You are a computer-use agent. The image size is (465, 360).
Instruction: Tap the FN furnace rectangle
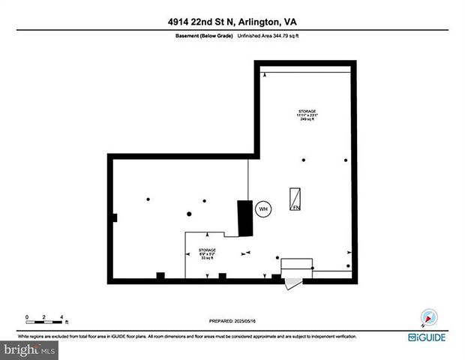click(x=296, y=198)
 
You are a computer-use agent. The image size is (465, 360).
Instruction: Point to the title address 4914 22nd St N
click(x=232, y=21)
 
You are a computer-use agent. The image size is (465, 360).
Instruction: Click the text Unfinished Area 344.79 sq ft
click(x=268, y=36)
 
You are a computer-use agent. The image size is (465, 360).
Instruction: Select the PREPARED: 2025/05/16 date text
click(x=232, y=320)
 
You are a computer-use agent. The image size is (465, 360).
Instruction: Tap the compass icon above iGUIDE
click(x=428, y=317)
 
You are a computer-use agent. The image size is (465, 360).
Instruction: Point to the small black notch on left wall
click(x=113, y=217)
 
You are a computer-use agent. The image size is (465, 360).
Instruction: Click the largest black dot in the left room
click(x=148, y=199)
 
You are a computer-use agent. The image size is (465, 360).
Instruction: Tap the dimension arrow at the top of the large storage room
click(x=264, y=74)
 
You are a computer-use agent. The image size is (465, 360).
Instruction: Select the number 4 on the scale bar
click(x=61, y=316)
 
